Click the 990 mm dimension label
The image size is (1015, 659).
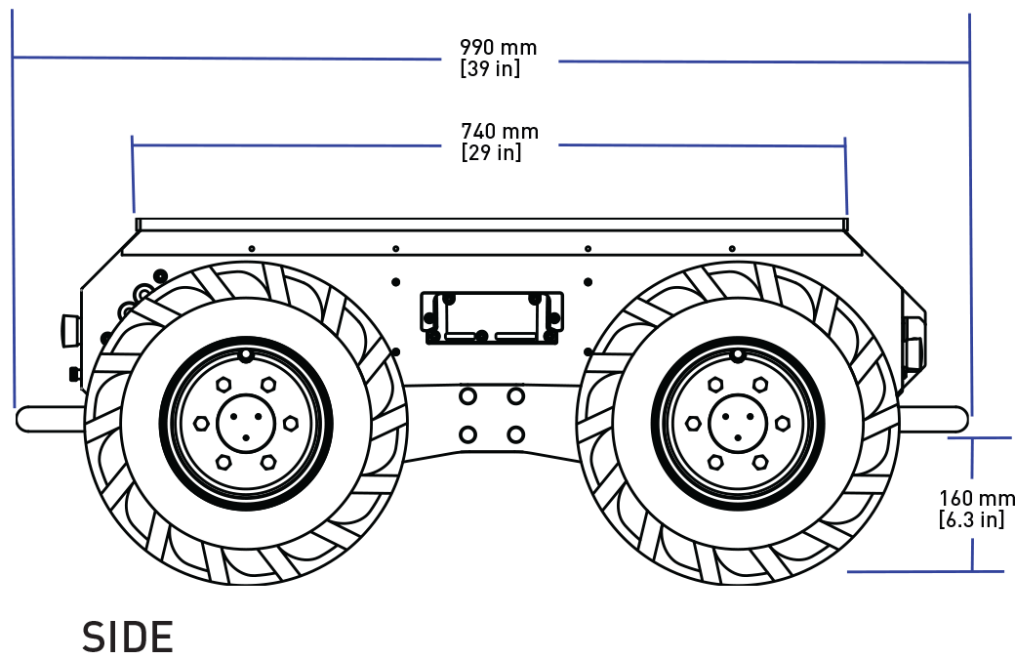click(x=498, y=47)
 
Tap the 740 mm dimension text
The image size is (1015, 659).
click(x=499, y=131)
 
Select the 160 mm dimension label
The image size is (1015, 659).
click(x=976, y=498)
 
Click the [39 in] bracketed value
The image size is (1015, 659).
click(x=490, y=69)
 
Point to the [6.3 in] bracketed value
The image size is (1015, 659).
click(x=971, y=519)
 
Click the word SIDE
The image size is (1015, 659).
click(x=128, y=638)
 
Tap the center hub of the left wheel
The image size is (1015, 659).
click(x=245, y=423)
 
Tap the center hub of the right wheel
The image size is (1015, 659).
click(x=737, y=423)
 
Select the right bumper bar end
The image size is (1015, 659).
click(x=956, y=418)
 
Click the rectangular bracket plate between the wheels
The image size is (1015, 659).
click(x=490, y=317)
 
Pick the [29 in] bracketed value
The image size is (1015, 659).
click(x=491, y=153)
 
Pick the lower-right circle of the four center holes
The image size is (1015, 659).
click(x=515, y=433)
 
